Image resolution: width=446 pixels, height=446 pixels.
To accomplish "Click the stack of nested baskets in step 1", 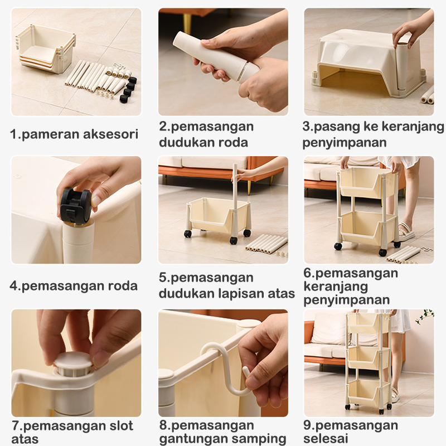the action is pos(46,49).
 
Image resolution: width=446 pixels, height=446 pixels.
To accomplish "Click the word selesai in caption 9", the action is pos(326,438).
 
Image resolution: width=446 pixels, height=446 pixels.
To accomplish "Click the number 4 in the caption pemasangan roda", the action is pos(13,285).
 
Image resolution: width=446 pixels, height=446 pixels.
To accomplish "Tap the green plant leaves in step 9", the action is pos(425,316).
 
